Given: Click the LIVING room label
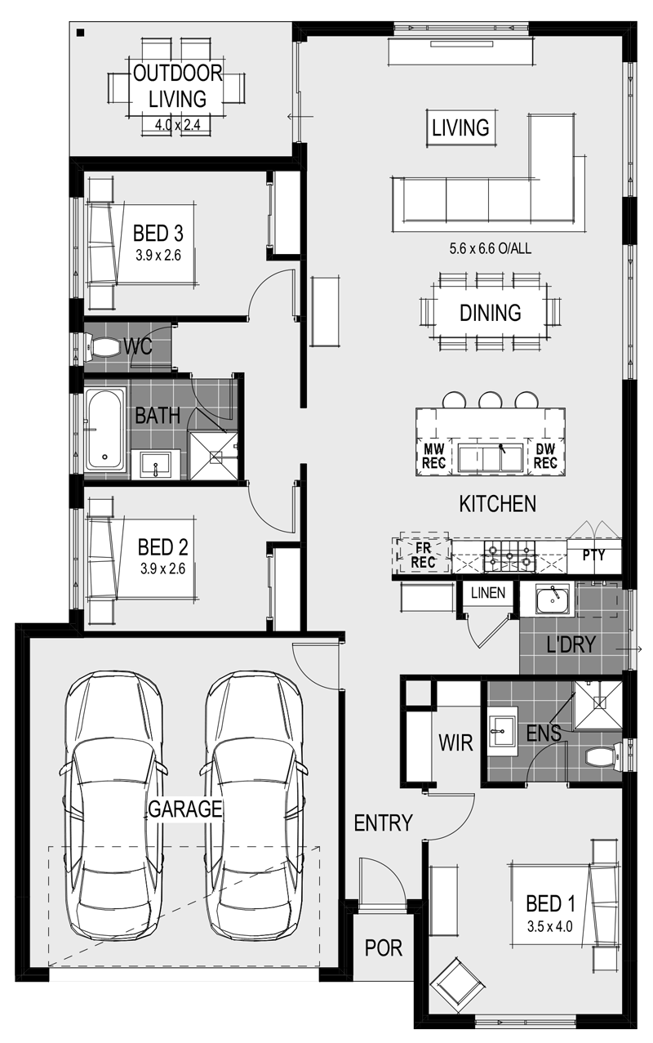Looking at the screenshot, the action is pyautogui.click(x=460, y=128).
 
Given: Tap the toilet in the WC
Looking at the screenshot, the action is pyautogui.click(x=102, y=347).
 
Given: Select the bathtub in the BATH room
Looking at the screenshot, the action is pyautogui.click(x=104, y=429).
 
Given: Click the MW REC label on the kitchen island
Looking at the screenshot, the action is pyautogui.click(x=433, y=457).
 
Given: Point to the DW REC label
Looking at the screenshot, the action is pyautogui.click(x=545, y=457).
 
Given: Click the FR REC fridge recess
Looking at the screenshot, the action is pyautogui.click(x=423, y=555).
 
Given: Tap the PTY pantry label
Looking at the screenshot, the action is pyautogui.click(x=594, y=555).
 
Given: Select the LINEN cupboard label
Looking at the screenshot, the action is pyautogui.click(x=488, y=593).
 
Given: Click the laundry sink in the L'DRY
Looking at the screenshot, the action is pyautogui.click(x=553, y=599).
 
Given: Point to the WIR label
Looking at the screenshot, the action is pyautogui.click(x=455, y=742).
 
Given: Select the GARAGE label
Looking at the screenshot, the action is pyautogui.click(x=185, y=809).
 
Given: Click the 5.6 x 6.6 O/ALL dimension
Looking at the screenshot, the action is pyautogui.click(x=490, y=248).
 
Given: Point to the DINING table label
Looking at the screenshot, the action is pyautogui.click(x=490, y=313).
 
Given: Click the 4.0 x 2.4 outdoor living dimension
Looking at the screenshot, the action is pyautogui.click(x=178, y=125).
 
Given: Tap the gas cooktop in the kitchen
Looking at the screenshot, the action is pyautogui.click(x=509, y=556).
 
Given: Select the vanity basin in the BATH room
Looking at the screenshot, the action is pyautogui.click(x=155, y=464).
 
